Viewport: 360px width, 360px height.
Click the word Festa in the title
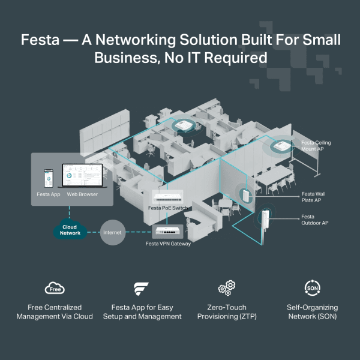coord(40,41)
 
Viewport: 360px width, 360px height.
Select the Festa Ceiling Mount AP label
coord(316,146)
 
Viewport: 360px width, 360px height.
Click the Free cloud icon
coord(55,289)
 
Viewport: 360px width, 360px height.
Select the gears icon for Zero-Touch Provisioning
coord(226,288)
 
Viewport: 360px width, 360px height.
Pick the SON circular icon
coord(312,288)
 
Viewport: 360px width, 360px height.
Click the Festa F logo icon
coord(141,289)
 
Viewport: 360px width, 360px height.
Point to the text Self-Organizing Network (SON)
coord(312,311)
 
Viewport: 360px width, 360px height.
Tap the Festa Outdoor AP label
coord(315,220)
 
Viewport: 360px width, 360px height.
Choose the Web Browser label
coord(82,194)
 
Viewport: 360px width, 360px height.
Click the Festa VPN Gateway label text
coord(169,244)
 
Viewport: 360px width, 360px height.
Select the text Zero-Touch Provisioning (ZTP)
coord(226,311)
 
